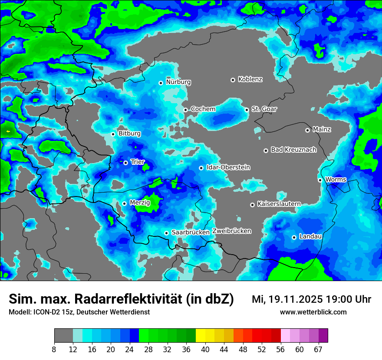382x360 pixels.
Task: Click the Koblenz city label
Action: click(x=250, y=79)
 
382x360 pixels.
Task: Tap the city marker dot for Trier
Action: click(x=125, y=163)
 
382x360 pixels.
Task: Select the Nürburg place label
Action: click(x=178, y=82)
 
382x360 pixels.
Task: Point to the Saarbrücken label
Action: click(x=191, y=232)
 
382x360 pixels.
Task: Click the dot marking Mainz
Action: click(x=307, y=130)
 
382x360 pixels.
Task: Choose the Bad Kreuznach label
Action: click(x=293, y=150)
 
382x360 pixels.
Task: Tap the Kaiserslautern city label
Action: click(x=279, y=204)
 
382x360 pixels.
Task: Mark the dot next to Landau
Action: click(x=294, y=237)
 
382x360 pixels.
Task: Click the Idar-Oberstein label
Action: click(x=228, y=167)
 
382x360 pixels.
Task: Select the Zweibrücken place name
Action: click(x=232, y=231)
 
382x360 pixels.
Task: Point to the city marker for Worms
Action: click(x=320, y=180)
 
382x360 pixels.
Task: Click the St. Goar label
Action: click(x=264, y=109)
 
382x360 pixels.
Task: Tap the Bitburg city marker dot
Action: click(x=113, y=134)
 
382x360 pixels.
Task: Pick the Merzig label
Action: click(x=140, y=203)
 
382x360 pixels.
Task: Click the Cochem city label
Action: click(x=203, y=109)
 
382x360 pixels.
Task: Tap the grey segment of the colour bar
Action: click(x=63, y=336)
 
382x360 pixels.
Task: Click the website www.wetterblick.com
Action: click(x=313, y=312)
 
